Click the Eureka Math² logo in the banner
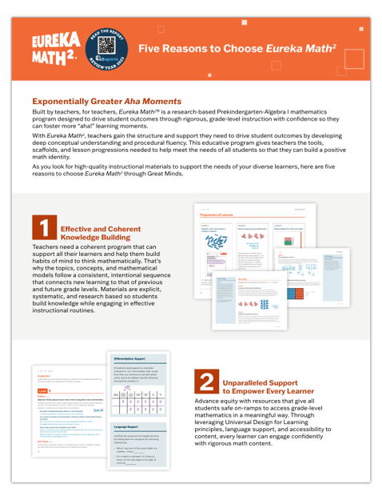tap(52, 49)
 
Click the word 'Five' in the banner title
tap(151, 49)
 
